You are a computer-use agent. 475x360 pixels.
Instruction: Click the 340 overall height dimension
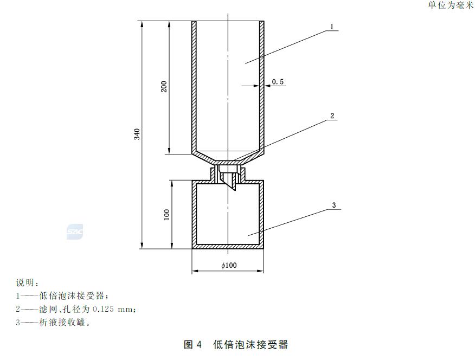(137, 134)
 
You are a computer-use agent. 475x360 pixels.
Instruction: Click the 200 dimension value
(164, 87)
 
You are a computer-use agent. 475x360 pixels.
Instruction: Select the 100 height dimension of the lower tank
(166, 214)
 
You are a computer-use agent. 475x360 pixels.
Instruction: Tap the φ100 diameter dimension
(229, 266)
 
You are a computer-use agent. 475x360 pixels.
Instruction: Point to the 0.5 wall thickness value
(278, 82)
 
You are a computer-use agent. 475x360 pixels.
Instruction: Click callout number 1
(332, 27)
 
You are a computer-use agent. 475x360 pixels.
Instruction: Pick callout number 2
(332, 116)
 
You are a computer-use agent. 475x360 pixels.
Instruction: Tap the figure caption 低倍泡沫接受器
(251, 344)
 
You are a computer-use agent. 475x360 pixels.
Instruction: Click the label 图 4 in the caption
(193, 344)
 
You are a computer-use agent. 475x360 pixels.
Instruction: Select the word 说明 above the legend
(26, 283)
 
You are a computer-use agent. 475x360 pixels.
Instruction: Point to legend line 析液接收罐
(60, 323)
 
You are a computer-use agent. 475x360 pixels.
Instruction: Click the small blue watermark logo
(74, 232)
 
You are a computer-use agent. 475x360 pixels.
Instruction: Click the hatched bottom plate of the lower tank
(228, 247)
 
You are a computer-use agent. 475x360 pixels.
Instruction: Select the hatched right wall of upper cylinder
(261, 87)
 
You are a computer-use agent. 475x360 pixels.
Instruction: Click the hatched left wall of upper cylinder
(194, 87)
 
